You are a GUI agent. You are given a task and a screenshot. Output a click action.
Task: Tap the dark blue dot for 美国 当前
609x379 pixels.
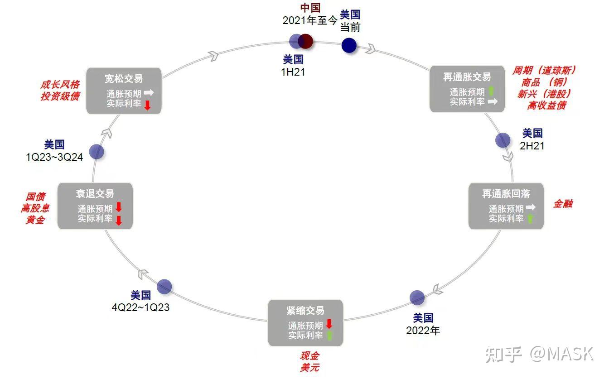[x=349, y=45]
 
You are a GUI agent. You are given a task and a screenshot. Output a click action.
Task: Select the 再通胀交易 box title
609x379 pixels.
[x=467, y=77]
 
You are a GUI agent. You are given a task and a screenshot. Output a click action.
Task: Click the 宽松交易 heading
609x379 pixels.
[x=123, y=79]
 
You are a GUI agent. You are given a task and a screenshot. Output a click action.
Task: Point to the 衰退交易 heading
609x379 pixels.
[x=95, y=194]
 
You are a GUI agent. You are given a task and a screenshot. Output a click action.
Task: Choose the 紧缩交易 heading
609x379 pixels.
[x=305, y=311]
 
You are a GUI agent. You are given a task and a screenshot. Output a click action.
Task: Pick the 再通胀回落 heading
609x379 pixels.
[x=506, y=194]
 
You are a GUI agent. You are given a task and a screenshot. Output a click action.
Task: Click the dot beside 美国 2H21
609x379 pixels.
[x=503, y=140]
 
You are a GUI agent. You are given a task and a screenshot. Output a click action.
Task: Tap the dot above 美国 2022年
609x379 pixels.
[x=417, y=297]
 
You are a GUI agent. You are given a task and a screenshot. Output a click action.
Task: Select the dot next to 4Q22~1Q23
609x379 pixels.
[x=164, y=286]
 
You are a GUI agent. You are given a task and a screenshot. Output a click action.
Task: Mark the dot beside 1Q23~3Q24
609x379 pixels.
[x=97, y=152]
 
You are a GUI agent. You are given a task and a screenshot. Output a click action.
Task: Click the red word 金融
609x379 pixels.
[x=562, y=204]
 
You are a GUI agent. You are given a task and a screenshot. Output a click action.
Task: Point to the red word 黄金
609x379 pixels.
[x=35, y=220]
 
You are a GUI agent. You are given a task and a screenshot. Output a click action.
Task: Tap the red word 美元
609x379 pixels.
[x=309, y=367]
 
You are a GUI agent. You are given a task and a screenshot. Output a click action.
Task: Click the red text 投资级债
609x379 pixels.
[x=60, y=96]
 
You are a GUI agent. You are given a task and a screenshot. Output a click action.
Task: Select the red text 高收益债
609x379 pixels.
[x=546, y=106]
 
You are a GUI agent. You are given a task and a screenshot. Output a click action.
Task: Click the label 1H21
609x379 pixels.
[x=293, y=72]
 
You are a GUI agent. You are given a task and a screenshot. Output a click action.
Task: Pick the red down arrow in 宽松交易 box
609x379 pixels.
[x=147, y=105]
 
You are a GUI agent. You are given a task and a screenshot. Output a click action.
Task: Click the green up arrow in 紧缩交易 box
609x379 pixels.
[x=329, y=336]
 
